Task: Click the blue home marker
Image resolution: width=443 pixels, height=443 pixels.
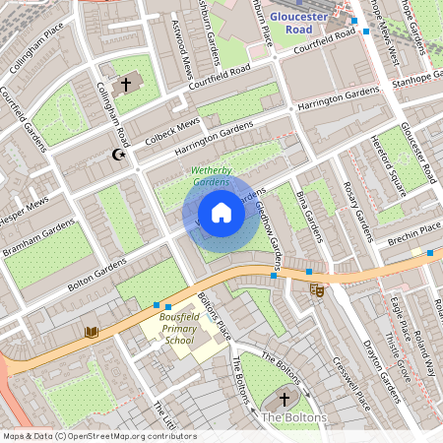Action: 221,213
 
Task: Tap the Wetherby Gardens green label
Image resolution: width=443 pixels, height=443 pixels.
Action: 210,176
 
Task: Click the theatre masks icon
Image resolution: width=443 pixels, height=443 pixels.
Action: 316,290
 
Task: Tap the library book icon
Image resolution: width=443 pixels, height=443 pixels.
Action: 92,333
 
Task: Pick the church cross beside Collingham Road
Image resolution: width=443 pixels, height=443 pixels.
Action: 125,85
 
